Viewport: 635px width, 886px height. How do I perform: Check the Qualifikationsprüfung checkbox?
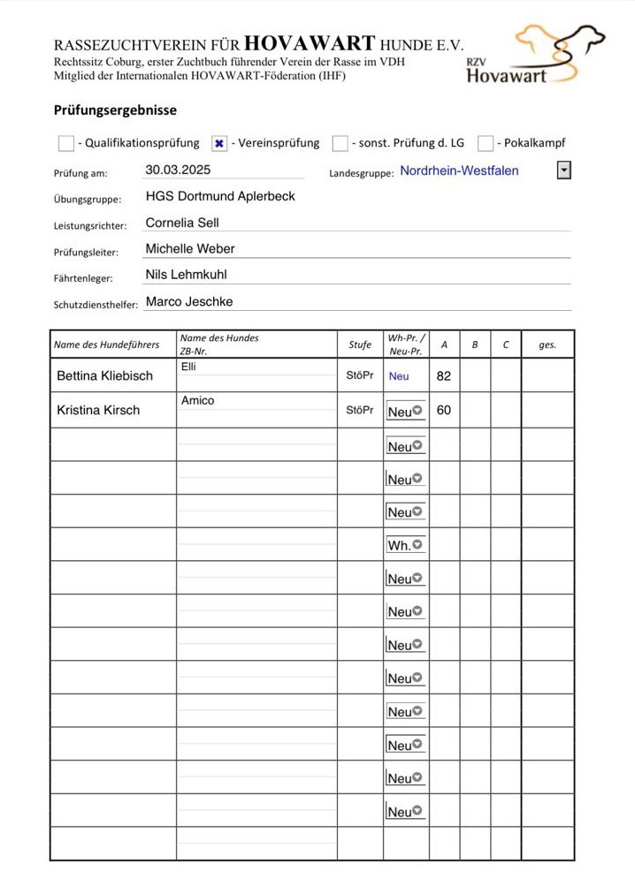[66, 143]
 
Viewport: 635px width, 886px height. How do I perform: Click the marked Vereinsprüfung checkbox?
[220, 143]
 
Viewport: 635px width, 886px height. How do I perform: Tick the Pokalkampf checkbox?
[486, 143]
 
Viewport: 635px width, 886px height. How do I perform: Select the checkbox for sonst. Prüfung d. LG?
[340, 143]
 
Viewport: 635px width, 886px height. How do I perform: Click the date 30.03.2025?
[178, 170]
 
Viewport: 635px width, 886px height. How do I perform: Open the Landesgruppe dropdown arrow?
[563, 170]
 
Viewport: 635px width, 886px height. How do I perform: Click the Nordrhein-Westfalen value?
[459, 170]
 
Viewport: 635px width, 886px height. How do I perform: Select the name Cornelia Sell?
[182, 223]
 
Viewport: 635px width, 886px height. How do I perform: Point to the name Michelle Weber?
[190, 249]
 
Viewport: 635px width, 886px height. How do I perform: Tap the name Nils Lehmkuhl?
[186, 275]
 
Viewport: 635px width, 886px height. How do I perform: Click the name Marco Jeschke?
[189, 302]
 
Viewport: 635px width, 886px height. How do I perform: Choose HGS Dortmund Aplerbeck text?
[220, 196]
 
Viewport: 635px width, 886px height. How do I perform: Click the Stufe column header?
[360, 345]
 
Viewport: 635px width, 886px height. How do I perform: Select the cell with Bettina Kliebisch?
[104, 376]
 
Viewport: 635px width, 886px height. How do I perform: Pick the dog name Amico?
[198, 401]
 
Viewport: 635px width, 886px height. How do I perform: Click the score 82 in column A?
[444, 376]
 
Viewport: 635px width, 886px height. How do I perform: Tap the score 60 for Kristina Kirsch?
[444, 411]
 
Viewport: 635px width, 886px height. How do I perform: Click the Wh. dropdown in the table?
[405, 546]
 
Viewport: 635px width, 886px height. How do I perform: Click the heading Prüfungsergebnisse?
[115, 111]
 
